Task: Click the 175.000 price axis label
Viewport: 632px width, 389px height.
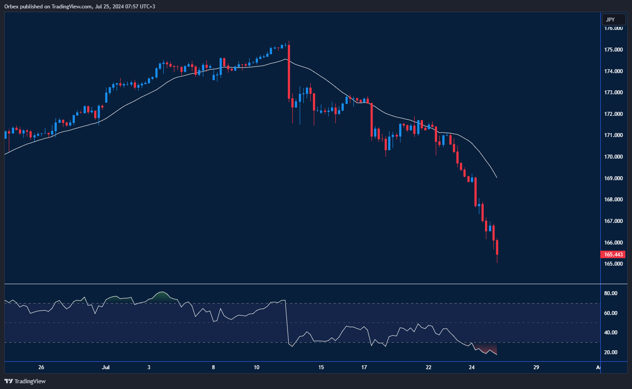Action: pyautogui.click(x=613, y=50)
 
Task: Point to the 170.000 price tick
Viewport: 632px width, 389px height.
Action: pyautogui.click(x=613, y=157)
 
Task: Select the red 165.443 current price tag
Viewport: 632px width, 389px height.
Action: pyautogui.click(x=613, y=255)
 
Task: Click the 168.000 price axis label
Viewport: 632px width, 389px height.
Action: pyautogui.click(x=613, y=200)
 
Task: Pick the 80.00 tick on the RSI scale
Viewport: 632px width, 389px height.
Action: pyautogui.click(x=610, y=293)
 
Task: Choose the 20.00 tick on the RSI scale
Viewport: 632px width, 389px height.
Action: pyautogui.click(x=610, y=352)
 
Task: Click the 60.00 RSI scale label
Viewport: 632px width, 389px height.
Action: pyautogui.click(x=610, y=313)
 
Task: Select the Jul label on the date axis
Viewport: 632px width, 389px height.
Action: pyautogui.click(x=106, y=367)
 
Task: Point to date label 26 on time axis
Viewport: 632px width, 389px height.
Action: pyautogui.click(x=41, y=367)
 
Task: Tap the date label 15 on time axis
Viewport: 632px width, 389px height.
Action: pyautogui.click(x=321, y=367)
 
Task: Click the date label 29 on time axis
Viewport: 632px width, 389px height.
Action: pyautogui.click(x=536, y=367)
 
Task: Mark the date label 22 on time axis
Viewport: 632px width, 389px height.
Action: pyautogui.click(x=429, y=367)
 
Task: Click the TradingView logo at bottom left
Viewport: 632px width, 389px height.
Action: pyautogui.click(x=25, y=381)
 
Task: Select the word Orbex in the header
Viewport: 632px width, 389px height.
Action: pyautogui.click(x=11, y=7)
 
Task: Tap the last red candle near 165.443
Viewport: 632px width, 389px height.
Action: pyautogui.click(x=497, y=248)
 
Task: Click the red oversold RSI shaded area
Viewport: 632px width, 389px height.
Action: pyautogui.click(x=486, y=348)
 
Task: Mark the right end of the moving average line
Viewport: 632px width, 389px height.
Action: pyautogui.click(x=496, y=178)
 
